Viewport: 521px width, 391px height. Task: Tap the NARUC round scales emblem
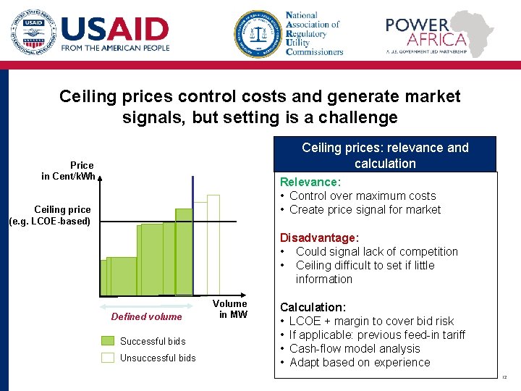[x=256, y=33]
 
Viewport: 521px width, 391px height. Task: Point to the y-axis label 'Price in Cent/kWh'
[x=68, y=171]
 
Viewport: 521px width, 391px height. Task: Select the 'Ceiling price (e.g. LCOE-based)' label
[x=51, y=215]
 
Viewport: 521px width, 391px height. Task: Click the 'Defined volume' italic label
[x=146, y=316]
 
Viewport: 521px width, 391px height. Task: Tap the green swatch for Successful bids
[x=108, y=341]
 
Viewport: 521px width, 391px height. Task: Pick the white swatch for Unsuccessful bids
[x=108, y=358]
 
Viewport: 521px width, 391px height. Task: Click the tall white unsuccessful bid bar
[x=213, y=245]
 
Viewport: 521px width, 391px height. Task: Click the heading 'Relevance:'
[x=310, y=182]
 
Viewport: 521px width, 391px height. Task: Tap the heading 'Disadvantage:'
[x=319, y=238]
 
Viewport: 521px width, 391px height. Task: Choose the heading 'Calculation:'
[x=313, y=308]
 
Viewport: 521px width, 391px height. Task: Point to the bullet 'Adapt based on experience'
[x=360, y=362]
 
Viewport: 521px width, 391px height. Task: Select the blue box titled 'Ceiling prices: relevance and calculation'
[x=385, y=155]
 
